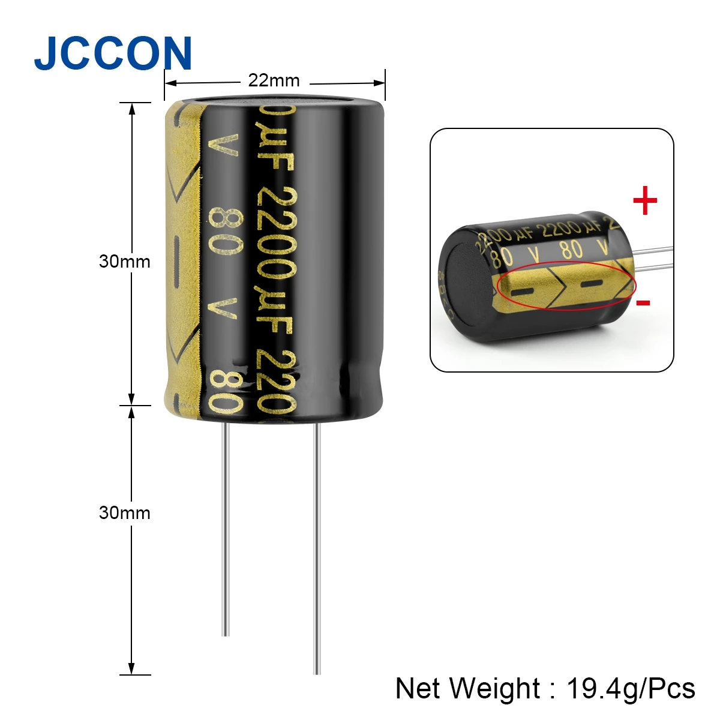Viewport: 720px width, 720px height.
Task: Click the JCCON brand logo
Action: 113,53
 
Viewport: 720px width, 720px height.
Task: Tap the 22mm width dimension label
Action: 274,80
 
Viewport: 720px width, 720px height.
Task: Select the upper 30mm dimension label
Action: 124,262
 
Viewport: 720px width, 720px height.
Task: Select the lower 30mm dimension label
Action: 124,513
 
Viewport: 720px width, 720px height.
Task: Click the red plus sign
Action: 645,201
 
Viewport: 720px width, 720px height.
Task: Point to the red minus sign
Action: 643,302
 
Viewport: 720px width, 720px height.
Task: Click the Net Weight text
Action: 468,688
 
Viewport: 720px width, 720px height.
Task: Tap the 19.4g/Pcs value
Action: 631,688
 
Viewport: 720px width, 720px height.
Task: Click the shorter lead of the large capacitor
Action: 226,528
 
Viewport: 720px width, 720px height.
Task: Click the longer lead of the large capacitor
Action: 317,546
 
